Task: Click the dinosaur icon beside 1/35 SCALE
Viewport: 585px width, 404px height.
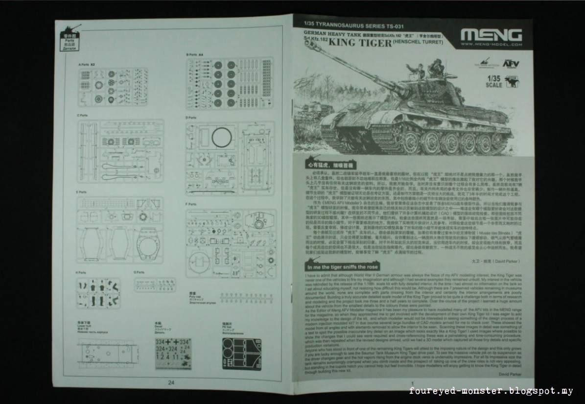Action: tap(511, 81)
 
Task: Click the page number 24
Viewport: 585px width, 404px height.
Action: tap(171, 382)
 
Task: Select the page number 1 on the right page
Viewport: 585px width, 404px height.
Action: tap(414, 383)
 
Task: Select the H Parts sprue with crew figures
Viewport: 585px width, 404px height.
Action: tap(98, 292)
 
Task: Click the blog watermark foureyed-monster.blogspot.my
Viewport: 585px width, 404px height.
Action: tap(491, 391)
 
